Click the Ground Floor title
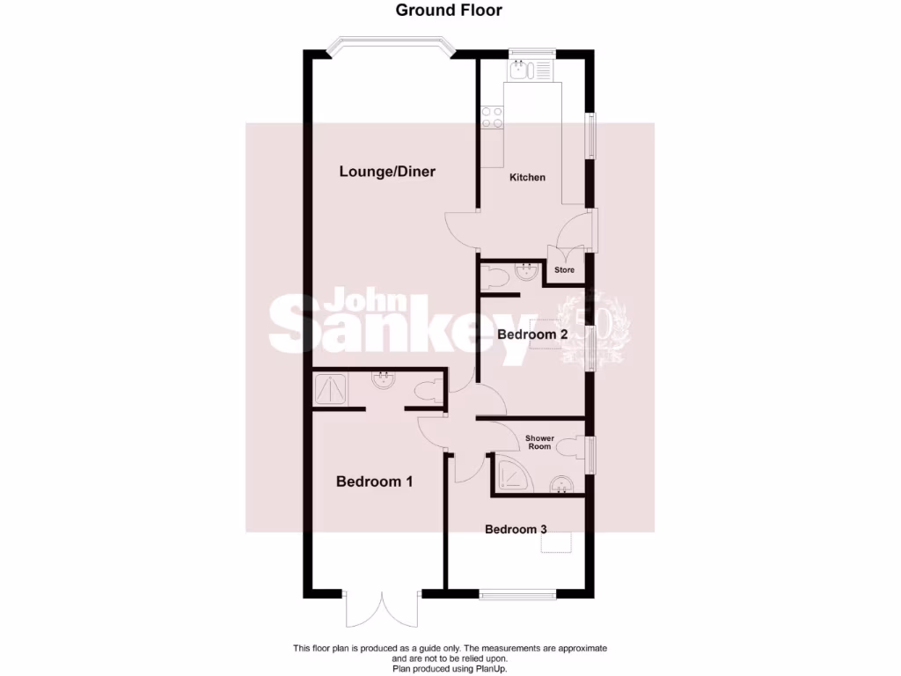point(449,11)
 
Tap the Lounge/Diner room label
point(387,172)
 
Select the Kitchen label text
point(528,177)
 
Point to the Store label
point(564,270)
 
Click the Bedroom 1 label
point(374,481)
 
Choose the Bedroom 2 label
point(531,334)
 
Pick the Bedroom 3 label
point(516,529)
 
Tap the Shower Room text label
point(538,442)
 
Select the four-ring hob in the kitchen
point(491,117)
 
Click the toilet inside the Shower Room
point(575,447)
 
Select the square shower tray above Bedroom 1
point(332,387)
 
